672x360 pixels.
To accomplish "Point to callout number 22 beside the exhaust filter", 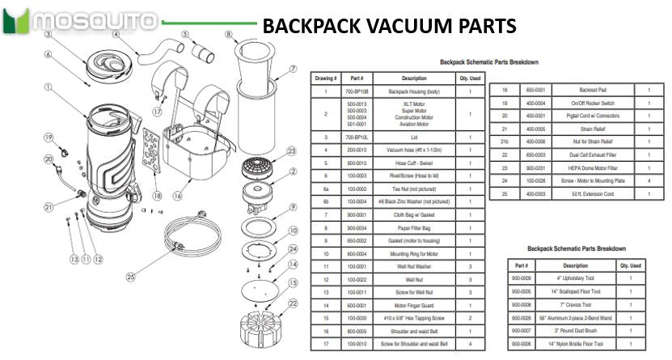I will click(292, 303).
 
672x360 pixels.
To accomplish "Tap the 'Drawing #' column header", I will click(325, 78).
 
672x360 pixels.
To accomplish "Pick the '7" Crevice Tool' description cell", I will click(575, 304).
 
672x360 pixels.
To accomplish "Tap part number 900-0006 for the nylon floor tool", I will click(521, 344).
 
